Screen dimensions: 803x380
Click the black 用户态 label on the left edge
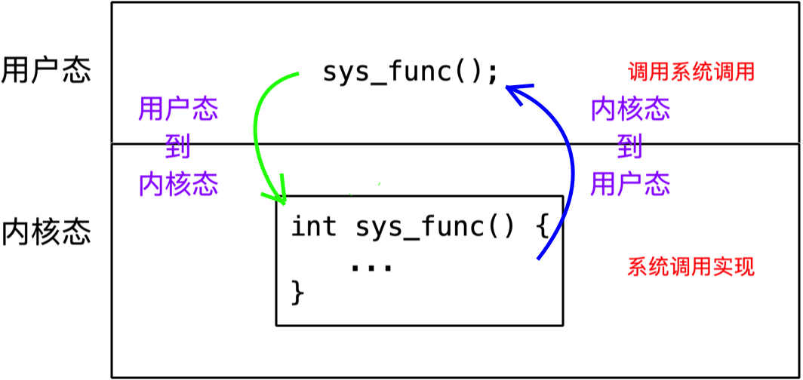[x=46, y=71]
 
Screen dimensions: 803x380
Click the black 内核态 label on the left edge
[x=46, y=232]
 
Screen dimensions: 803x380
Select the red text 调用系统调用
[x=691, y=73]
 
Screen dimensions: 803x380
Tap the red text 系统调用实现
[x=691, y=267]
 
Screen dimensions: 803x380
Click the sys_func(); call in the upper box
[x=411, y=72]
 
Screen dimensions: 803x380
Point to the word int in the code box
[x=313, y=227]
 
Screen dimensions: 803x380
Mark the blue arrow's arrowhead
[x=516, y=92]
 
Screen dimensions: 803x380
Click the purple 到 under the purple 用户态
[x=178, y=147]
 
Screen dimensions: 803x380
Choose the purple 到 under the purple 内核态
[x=630, y=147]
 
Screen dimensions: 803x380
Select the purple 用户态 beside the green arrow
[x=178, y=109]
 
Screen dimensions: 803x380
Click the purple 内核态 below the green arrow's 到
[x=179, y=184]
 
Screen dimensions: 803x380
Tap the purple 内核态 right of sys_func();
[x=630, y=109]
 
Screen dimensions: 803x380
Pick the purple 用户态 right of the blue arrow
[x=630, y=184]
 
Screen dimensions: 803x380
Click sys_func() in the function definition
[x=434, y=228]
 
